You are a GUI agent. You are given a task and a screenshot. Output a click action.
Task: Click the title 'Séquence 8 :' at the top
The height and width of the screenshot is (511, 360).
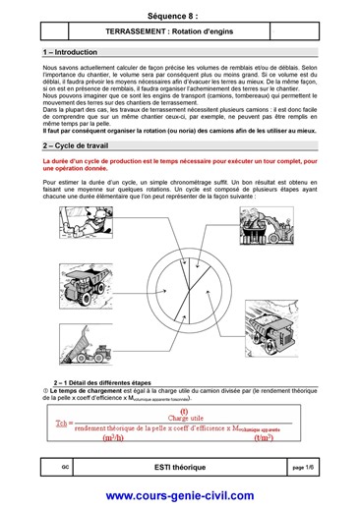click(179, 18)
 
